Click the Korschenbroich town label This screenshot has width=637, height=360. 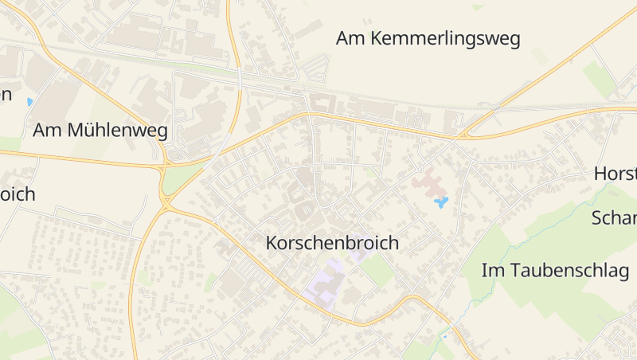coord(331,243)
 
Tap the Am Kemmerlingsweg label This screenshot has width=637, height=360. coord(428,38)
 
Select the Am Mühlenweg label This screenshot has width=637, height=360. coord(100,131)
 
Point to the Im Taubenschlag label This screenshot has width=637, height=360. coord(555,270)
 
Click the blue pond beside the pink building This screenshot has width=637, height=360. coord(441,202)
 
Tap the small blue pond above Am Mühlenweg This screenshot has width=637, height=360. coord(29,102)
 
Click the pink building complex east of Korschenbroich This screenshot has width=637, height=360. coord(430,184)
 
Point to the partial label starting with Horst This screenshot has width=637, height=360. coord(615,174)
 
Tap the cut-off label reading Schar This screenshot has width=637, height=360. coord(614,218)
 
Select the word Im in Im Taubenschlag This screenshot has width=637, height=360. coord(491,270)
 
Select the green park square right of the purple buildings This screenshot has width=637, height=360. coord(377,271)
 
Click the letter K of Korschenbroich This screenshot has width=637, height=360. coord(272,243)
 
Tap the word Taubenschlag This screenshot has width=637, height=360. coord(568,270)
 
